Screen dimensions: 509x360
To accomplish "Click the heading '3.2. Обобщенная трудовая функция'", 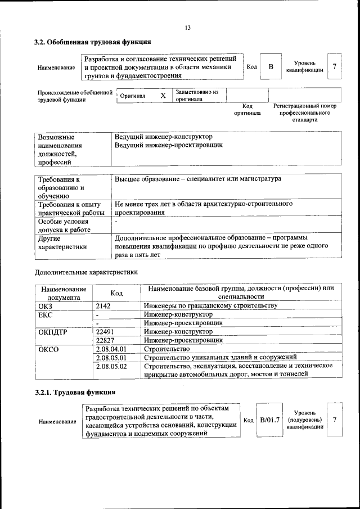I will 93,42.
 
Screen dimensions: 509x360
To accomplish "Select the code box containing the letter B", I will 271,67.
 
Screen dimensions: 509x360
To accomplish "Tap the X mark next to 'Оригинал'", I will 163,96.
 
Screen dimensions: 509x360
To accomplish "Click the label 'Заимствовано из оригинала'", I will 197,96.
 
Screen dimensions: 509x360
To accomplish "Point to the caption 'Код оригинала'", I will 247,109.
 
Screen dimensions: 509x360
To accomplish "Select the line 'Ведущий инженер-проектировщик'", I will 168,145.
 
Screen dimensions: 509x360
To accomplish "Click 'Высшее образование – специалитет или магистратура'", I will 197,179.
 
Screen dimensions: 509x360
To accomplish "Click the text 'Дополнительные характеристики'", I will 86,272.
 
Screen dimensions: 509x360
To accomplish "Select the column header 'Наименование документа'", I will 63,292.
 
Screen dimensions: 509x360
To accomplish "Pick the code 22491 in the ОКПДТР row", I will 106,332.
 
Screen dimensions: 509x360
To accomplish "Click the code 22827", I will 106,340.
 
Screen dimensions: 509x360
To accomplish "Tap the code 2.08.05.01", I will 111,358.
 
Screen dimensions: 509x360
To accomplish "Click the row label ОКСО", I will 49,349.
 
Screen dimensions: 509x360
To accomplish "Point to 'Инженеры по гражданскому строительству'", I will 210,305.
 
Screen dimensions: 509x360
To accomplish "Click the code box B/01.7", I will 270,420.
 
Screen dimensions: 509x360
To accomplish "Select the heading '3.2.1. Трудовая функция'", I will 75,392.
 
